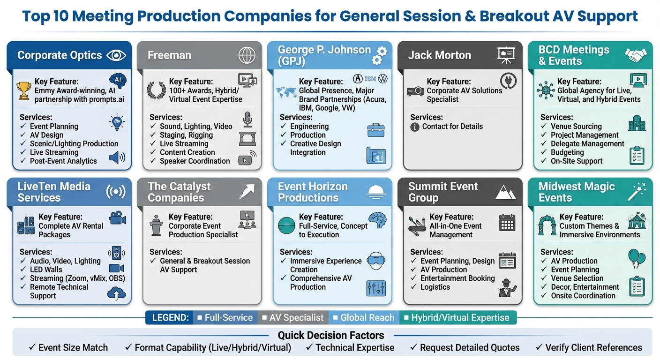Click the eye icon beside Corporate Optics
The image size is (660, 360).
[116, 55]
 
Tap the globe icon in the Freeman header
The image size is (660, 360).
[247, 55]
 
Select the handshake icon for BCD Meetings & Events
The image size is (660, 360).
[636, 55]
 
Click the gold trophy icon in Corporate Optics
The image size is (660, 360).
[24, 90]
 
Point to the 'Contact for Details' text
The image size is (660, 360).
[452, 127]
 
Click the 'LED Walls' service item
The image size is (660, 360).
[46, 270]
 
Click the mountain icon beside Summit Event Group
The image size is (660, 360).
[505, 192]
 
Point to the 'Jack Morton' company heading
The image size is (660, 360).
[439, 55]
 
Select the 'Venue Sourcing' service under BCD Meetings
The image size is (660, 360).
[576, 127]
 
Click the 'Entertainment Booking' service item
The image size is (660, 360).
[457, 278]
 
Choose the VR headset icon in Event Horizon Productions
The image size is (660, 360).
[375, 261]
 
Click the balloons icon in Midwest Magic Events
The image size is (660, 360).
[636, 258]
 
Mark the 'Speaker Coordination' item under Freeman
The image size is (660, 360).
[195, 161]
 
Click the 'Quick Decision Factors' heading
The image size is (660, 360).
[331, 335]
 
